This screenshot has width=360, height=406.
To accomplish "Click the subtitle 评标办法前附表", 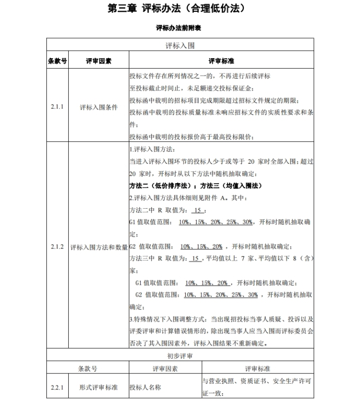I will pyautogui.click(x=179, y=28).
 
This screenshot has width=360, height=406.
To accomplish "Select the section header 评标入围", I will pyautogui.click(x=180, y=46).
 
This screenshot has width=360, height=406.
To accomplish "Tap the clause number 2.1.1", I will pyautogui.click(x=57, y=107).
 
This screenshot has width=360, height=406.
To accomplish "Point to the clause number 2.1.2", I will pyautogui.click(x=57, y=247).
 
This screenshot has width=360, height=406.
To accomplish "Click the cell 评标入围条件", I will pyautogui.click(x=99, y=107).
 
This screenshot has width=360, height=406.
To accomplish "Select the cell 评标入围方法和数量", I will pyautogui.click(x=99, y=247).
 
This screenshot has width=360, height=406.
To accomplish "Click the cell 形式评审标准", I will pyautogui.click(x=99, y=388).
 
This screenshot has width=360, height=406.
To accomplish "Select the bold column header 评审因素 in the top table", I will pyautogui.click(x=99, y=61).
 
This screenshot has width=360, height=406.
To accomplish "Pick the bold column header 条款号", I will pyautogui.click(x=57, y=61).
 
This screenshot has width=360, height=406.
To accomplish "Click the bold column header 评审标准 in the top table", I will pyautogui.click(x=221, y=61).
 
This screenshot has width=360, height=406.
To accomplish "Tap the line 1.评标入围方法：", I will pyautogui.click(x=148, y=149).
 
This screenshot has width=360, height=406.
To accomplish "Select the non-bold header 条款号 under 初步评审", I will pyautogui.click(x=88, y=369).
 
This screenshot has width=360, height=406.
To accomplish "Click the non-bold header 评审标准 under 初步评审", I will pyautogui.click(x=257, y=369).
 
